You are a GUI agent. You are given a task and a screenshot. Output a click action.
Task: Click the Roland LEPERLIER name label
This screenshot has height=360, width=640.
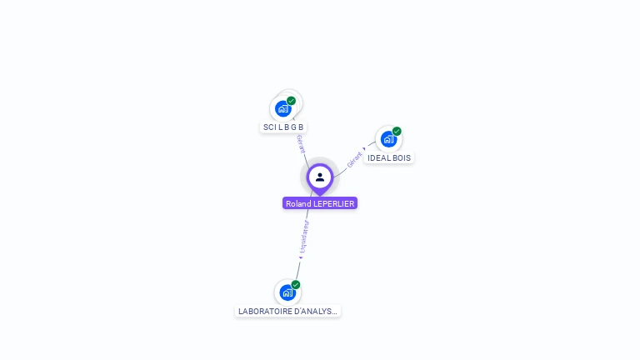[x=320, y=203]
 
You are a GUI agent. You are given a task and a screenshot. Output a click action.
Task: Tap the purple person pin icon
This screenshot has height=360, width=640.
[x=320, y=177]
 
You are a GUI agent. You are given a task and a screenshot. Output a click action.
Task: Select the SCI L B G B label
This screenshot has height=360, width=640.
[x=283, y=127]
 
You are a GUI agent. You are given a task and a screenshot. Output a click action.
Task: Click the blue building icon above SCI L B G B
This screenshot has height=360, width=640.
[x=283, y=108]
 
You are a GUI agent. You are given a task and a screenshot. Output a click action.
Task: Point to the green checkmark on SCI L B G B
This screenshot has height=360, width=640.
[x=291, y=101]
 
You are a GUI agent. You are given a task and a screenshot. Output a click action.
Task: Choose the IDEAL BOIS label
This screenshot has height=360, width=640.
[x=389, y=157]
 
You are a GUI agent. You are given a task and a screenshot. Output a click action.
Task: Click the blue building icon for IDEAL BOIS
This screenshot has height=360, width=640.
[x=388, y=139]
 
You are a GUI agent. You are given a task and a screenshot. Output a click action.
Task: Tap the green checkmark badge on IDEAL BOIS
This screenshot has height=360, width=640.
[x=397, y=132]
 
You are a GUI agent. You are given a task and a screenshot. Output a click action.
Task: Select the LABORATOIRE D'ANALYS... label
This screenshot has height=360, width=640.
[x=287, y=311]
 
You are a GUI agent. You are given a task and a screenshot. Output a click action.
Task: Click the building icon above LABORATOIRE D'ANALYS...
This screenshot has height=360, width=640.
[x=287, y=292]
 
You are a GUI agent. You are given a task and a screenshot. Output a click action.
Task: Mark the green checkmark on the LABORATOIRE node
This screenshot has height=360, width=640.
[x=296, y=285]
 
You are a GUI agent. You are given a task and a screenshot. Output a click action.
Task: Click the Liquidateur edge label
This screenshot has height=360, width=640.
[x=304, y=237]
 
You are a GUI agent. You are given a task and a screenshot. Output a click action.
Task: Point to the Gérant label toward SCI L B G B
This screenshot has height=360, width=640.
[x=300, y=143]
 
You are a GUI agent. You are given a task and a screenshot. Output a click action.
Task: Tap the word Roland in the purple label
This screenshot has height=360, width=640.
[x=297, y=203]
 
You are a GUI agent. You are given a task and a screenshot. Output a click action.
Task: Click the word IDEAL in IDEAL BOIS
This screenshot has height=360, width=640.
[x=379, y=157]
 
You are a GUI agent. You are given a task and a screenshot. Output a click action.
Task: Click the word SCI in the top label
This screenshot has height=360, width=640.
[x=268, y=127]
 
